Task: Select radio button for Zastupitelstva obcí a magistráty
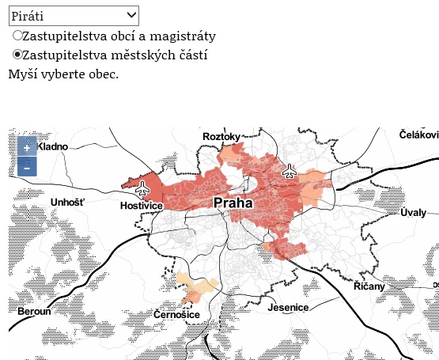tap(17, 36)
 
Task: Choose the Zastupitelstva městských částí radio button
tap(17, 55)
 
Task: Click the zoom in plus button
tap(26, 148)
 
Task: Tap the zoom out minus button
tap(26, 167)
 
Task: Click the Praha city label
tap(233, 203)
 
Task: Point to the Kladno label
tap(53, 146)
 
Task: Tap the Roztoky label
tap(221, 137)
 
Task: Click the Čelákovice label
tap(418, 135)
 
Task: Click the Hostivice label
tap(141, 206)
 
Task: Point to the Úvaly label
tap(413, 212)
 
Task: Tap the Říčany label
tap(369, 286)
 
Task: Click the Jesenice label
tap(288, 307)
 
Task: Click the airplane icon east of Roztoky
tap(290, 170)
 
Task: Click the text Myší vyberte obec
tap(63, 74)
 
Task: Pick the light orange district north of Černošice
tap(195, 288)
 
